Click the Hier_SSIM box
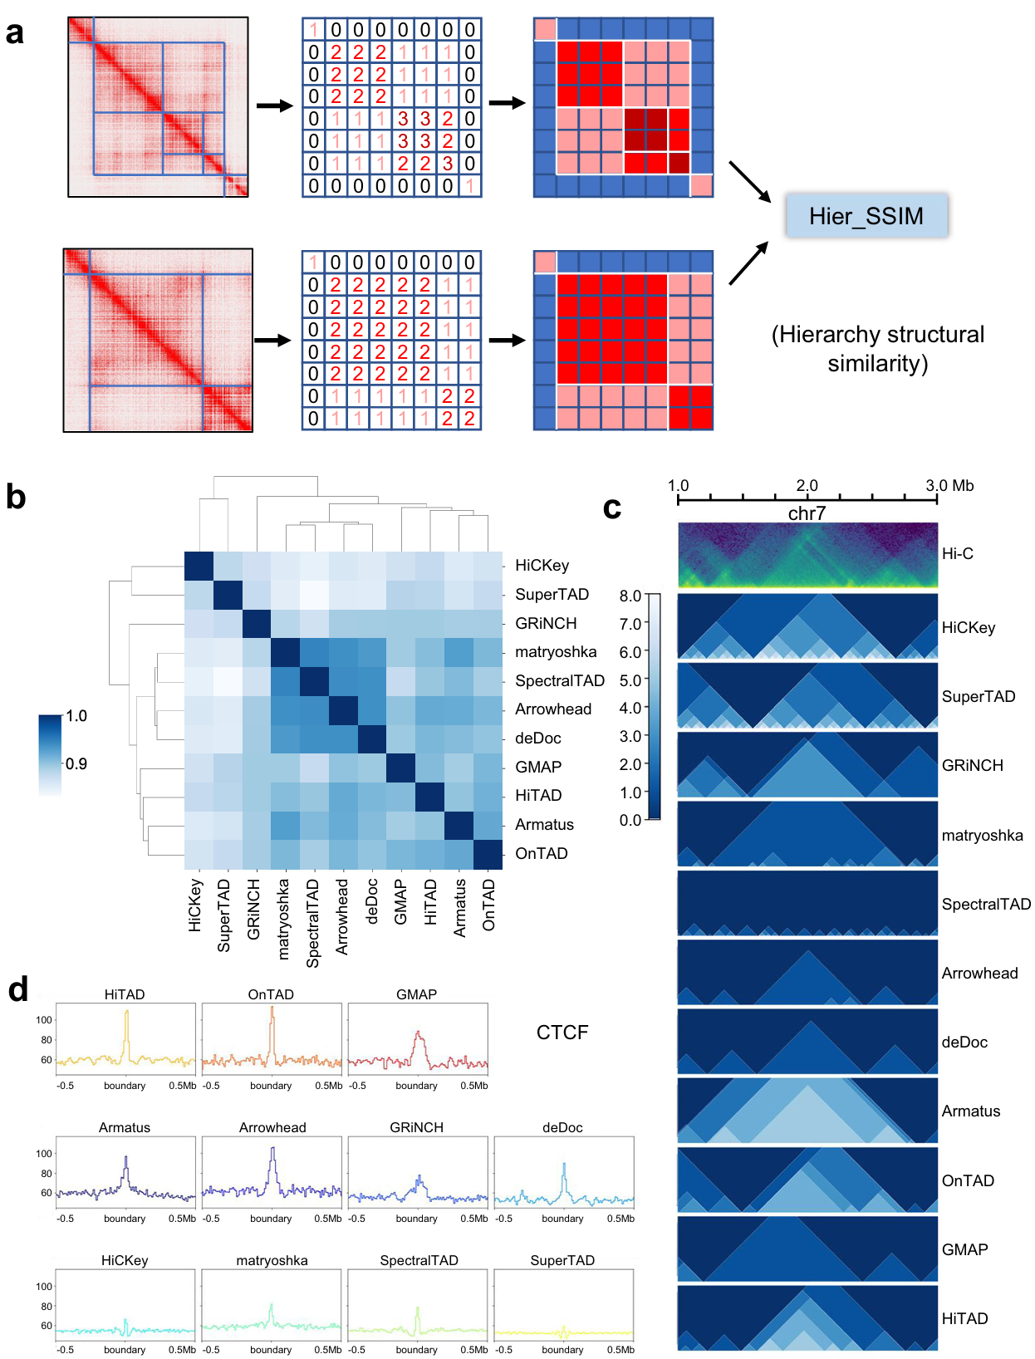[x=866, y=216]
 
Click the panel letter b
[x=16, y=498]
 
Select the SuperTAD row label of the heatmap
[x=552, y=595]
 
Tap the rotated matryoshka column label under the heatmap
[x=284, y=919]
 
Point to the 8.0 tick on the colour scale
[x=630, y=596]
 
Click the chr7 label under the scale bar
[x=807, y=513]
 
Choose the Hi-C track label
[x=957, y=554]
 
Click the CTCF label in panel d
[x=562, y=1033]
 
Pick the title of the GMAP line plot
[x=416, y=994]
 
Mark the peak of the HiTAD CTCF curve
[x=126, y=1012]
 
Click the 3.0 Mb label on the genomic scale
[x=949, y=486]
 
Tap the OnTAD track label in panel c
[x=968, y=1180]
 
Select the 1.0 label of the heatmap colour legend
[x=76, y=716]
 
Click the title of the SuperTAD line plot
[x=562, y=1260]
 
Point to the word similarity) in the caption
[x=877, y=364]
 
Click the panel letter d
[x=17, y=989]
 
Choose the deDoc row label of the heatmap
[x=538, y=738]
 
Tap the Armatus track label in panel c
[x=970, y=1111]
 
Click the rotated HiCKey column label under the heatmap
[x=195, y=905]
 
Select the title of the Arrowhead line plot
[x=272, y=1127]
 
